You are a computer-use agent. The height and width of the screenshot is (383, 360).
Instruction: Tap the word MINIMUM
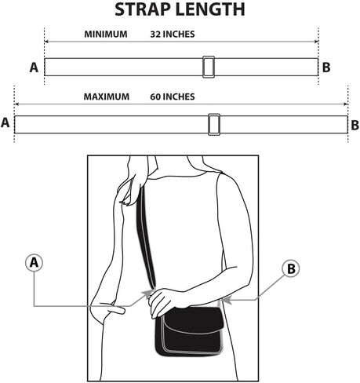(x=106, y=34)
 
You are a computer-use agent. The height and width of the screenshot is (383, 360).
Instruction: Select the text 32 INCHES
(x=173, y=34)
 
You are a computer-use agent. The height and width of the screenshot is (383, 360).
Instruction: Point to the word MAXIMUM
(x=107, y=97)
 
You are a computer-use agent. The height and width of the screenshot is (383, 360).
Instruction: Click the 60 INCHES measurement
(x=173, y=97)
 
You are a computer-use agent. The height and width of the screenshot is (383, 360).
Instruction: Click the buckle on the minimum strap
(x=209, y=67)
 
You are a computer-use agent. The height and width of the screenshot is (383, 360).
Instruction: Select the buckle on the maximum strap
(x=214, y=125)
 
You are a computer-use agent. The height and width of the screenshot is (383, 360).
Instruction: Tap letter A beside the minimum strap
(x=34, y=67)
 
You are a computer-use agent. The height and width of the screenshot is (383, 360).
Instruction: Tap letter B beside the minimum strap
(x=326, y=67)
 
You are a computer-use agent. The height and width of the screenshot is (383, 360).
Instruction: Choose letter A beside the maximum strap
(x=5, y=122)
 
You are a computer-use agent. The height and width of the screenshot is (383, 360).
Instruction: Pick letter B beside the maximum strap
(x=355, y=125)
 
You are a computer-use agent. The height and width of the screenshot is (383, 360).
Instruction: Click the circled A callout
(x=34, y=262)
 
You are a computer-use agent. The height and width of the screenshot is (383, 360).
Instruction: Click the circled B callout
(x=291, y=268)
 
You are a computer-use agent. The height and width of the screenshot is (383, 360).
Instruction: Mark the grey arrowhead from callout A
(x=147, y=294)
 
